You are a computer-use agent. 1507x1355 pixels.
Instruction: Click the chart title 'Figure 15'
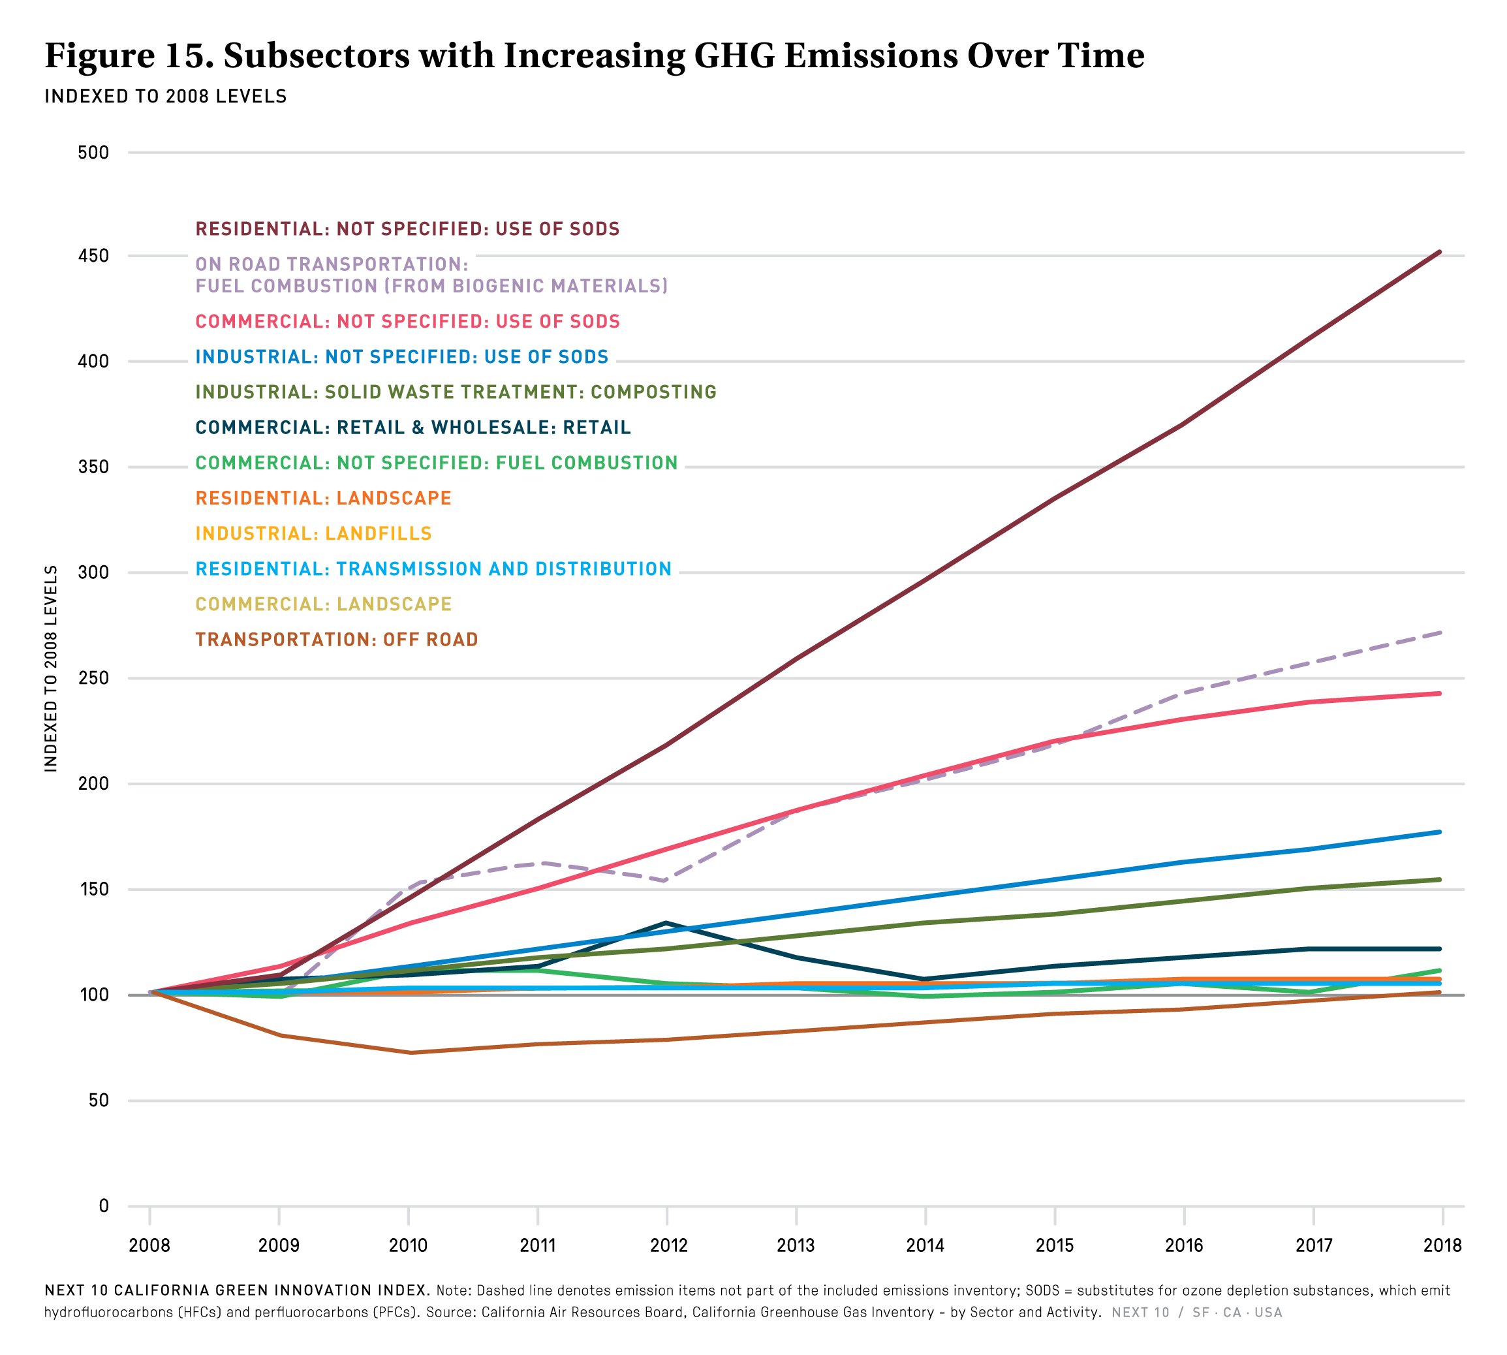coord(593,56)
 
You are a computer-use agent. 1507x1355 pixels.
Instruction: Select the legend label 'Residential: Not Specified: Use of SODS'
coord(407,228)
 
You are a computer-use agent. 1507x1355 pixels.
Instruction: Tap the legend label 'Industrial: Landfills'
coord(313,534)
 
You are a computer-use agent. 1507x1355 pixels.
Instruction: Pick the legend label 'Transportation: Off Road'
coord(337,640)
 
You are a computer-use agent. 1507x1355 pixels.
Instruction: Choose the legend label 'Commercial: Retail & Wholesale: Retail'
coord(412,428)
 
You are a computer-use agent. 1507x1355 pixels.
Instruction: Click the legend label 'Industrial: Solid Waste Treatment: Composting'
coord(456,392)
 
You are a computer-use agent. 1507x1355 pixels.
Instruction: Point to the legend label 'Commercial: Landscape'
coord(323,604)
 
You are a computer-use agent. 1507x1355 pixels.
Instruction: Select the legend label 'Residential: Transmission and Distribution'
coord(433,568)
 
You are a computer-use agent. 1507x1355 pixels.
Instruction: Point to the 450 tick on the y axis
coord(93,256)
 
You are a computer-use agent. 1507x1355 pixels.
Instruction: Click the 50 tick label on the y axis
coord(99,1100)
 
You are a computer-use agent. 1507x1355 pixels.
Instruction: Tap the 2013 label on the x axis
coord(796,1245)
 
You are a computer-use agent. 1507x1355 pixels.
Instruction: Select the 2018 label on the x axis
coord(1442,1245)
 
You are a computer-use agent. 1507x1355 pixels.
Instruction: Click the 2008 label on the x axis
coord(149,1245)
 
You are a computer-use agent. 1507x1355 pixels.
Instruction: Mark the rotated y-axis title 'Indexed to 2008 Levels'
coord(51,668)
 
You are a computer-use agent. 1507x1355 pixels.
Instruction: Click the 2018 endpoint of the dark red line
coord(1439,253)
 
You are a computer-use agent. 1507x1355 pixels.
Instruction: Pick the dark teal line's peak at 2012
coord(666,923)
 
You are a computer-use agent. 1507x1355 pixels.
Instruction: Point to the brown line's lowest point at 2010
coord(409,1053)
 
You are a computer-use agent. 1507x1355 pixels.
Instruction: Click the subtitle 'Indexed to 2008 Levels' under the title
coord(165,97)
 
